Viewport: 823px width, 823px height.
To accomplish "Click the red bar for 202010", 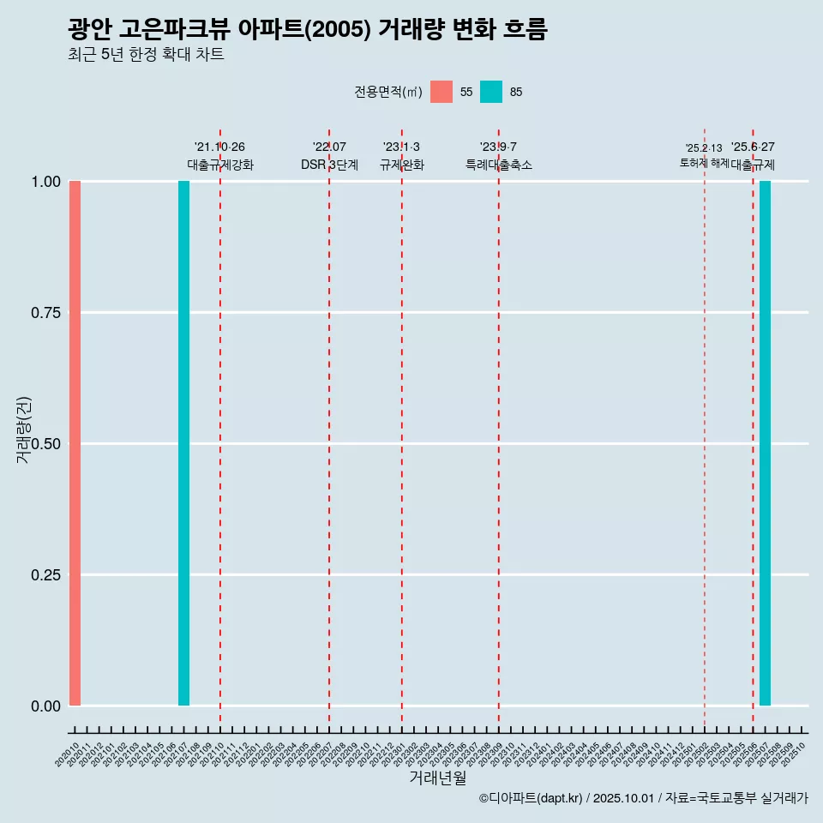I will (x=75, y=443).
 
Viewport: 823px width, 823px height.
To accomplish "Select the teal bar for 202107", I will (x=183, y=443).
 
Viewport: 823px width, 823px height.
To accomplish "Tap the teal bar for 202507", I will (x=765, y=443).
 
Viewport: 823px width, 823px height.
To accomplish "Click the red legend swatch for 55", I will (x=442, y=92).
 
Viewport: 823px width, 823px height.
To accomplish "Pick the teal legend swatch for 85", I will (x=491, y=92).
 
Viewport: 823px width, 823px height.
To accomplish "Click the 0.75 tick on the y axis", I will (x=45, y=313).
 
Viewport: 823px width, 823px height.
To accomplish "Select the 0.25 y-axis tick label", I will (x=45, y=575).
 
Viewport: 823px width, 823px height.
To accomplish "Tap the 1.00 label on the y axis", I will (x=45, y=182).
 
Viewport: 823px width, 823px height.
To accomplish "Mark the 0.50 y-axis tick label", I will (x=45, y=444).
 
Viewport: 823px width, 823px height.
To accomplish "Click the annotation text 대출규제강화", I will (x=220, y=165).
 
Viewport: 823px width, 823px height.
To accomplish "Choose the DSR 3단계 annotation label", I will (x=329, y=165).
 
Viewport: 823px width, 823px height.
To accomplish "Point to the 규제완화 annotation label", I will (x=402, y=165).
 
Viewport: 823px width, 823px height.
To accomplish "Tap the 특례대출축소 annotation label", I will (x=499, y=165).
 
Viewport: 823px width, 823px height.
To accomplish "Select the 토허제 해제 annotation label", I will (x=704, y=162).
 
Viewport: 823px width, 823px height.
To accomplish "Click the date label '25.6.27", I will (x=753, y=147).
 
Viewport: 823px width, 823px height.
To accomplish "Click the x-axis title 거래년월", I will (x=438, y=778).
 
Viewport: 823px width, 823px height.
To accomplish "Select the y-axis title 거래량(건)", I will (x=24, y=430).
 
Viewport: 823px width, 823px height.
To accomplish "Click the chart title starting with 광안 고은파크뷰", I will (x=307, y=29).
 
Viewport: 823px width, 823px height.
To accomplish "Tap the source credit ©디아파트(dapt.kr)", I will (x=532, y=798).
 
